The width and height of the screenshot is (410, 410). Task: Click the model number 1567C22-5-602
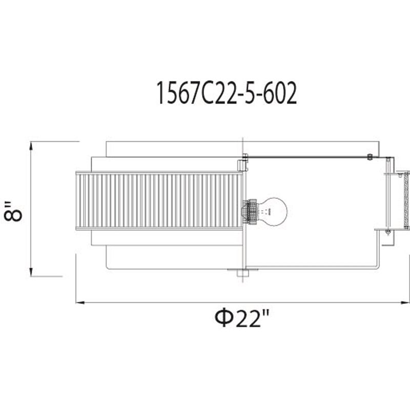coord(227,93)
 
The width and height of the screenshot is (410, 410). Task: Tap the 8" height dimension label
coord(13,211)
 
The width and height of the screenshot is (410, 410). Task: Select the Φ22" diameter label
coord(242,318)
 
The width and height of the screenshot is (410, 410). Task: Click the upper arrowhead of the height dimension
coord(31,146)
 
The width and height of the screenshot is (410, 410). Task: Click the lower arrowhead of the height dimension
coord(31,272)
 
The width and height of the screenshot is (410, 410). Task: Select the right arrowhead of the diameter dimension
coord(405,302)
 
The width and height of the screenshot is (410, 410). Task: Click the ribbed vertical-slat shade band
coord(159,201)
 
